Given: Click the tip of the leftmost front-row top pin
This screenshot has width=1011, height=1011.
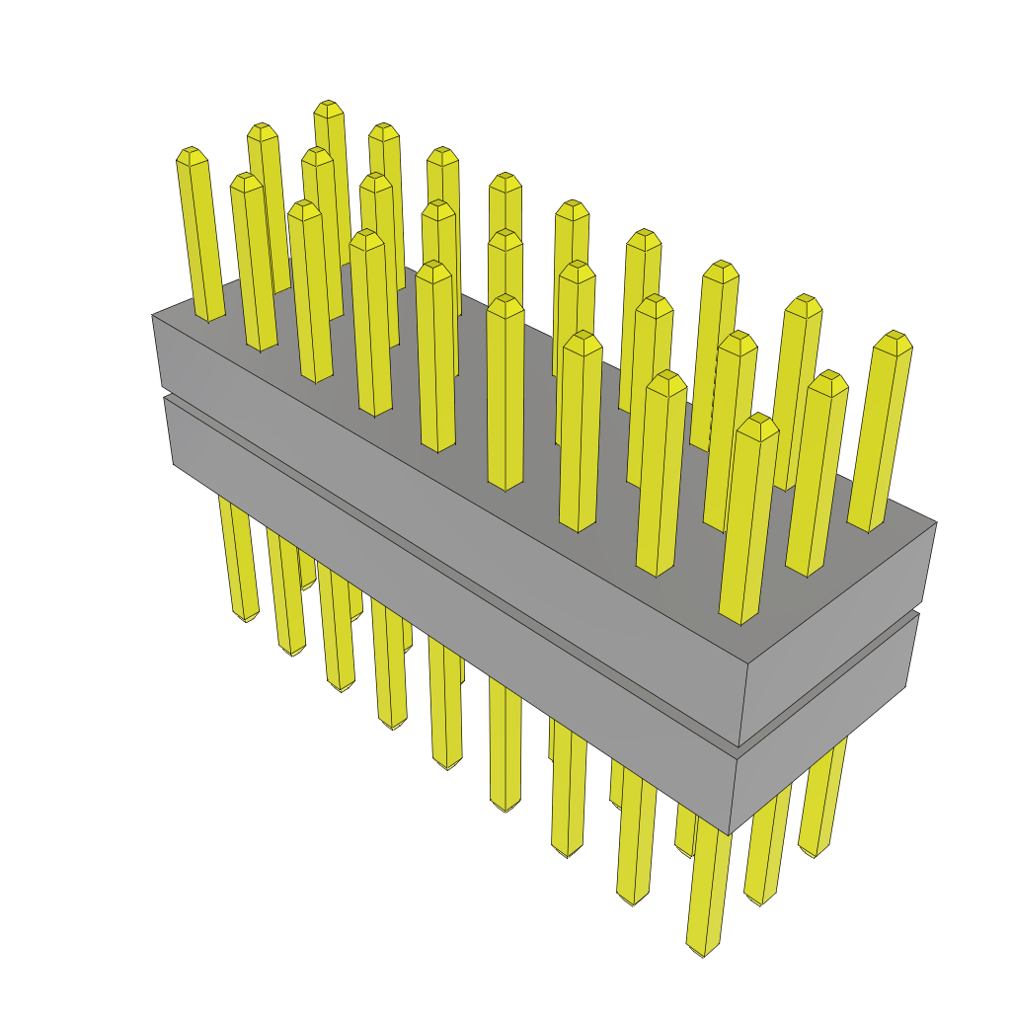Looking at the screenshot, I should click(x=191, y=154).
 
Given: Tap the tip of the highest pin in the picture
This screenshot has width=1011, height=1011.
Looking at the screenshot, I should click(x=328, y=107).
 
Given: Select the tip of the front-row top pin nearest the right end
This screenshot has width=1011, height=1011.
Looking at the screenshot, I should click(x=758, y=422).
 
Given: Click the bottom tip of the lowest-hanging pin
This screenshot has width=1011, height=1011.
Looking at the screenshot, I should click(x=703, y=949).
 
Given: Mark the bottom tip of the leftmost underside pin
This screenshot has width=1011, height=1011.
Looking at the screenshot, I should click(x=245, y=616).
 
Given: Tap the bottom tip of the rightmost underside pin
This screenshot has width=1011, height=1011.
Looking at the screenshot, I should click(x=813, y=850).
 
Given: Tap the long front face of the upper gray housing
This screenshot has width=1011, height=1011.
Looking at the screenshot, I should click(x=444, y=513).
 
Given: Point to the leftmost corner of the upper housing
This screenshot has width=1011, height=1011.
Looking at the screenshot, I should click(x=152, y=315).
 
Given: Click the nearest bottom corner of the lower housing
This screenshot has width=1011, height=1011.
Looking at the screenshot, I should click(x=730, y=835).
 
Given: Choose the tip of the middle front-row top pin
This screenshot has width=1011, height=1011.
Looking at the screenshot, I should click(x=505, y=303).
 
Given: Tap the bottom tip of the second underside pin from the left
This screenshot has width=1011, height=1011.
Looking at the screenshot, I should click(x=292, y=652).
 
